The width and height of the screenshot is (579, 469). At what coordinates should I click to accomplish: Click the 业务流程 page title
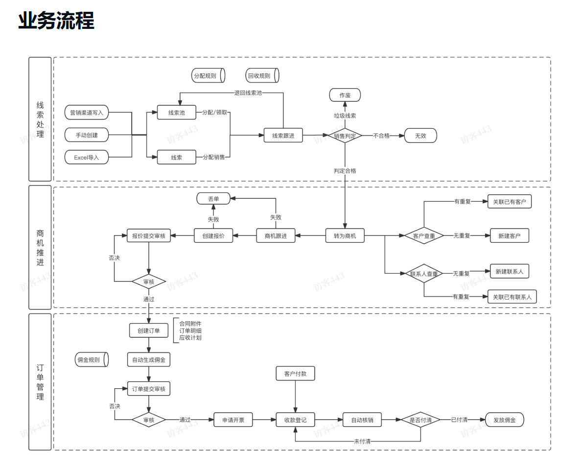click(56, 21)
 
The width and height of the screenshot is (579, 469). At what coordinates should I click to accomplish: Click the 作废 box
click(345, 95)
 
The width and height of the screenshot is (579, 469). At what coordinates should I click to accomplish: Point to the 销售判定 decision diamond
click(345, 136)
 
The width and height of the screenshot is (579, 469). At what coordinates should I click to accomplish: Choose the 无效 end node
click(420, 136)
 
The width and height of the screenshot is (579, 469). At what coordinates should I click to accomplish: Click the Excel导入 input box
click(87, 157)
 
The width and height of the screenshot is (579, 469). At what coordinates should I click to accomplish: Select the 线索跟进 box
click(283, 136)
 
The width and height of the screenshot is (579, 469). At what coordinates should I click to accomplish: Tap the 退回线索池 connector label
click(248, 93)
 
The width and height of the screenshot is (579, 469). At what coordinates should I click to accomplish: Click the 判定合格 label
click(345, 171)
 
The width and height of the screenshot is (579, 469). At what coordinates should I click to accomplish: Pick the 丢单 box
click(213, 198)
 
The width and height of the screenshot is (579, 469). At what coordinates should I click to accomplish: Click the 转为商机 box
click(345, 236)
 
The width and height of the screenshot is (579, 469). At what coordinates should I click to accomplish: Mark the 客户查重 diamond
click(424, 236)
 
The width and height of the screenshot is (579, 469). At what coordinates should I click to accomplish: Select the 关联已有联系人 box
click(512, 297)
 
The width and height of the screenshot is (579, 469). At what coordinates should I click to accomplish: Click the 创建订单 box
click(149, 330)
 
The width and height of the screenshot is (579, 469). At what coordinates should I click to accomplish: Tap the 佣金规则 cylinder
click(91, 360)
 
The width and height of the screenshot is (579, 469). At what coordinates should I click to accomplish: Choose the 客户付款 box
click(295, 374)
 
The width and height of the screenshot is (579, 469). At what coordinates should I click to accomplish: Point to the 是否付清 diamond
click(420, 420)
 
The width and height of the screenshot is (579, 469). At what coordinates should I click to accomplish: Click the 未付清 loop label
click(362, 442)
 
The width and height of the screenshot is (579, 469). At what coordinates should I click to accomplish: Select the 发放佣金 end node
click(504, 420)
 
